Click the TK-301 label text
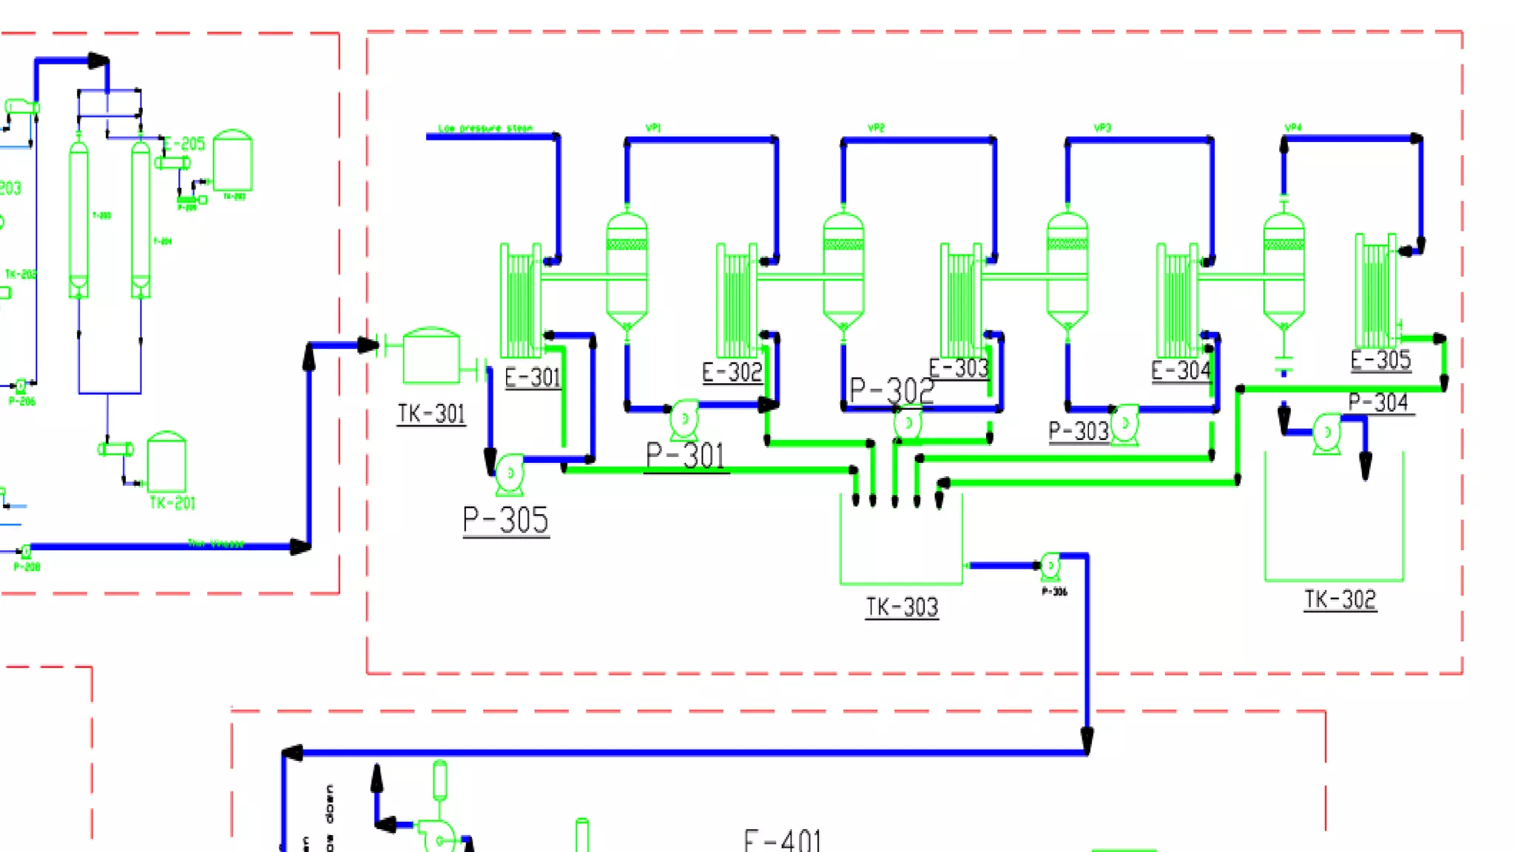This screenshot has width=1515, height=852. click(431, 413)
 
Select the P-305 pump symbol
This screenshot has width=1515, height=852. click(510, 474)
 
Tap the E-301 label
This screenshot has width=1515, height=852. click(533, 378)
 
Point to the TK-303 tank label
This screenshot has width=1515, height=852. click(902, 608)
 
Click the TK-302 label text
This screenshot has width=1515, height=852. click(1340, 599)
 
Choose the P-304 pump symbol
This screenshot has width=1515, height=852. click(1327, 433)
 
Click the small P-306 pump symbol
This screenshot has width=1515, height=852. click(1050, 567)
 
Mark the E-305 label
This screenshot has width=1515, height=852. click(1380, 360)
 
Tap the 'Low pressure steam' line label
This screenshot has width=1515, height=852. click(485, 129)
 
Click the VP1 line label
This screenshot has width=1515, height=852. click(652, 128)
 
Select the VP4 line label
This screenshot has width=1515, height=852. click(1293, 127)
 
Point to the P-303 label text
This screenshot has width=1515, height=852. click(1079, 431)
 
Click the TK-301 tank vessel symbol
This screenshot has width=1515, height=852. click(431, 356)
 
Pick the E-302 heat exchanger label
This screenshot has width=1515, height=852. click(732, 372)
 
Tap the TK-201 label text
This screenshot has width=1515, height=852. click(172, 503)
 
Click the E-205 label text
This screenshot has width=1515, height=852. click(184, 143)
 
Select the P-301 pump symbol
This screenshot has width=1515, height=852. click(684, 419)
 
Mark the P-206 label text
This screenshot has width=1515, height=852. click(22, 402)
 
